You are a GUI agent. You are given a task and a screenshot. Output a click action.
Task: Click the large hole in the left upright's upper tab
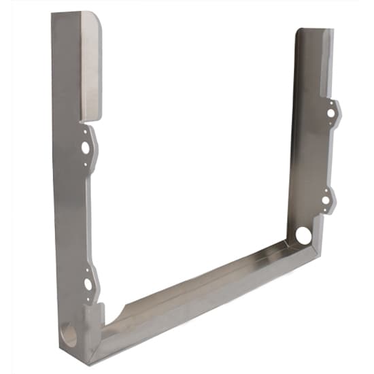coord(86,146)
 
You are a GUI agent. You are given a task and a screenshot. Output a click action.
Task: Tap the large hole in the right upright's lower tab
coord(327,201)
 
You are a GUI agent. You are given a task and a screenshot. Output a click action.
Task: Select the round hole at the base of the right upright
coord(303,236)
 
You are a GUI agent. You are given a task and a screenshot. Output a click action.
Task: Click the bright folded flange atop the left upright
coord(91,65)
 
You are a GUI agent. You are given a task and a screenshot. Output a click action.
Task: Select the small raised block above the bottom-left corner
coord(94,316)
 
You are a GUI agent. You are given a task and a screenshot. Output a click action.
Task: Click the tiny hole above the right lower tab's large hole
coord(328,189)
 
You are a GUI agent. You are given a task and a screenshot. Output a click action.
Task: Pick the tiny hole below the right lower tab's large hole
coord(326,211)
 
